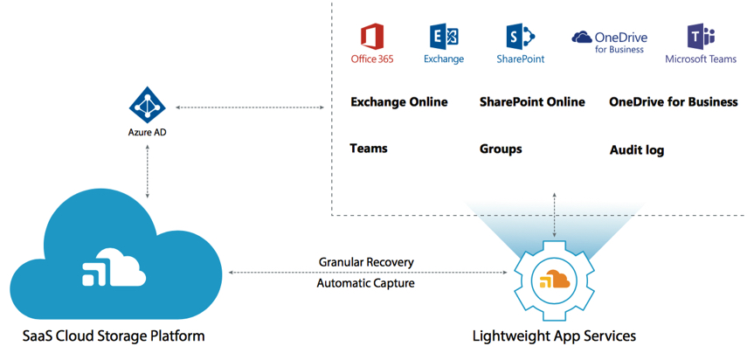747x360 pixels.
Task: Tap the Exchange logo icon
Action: click(x=444, y=37)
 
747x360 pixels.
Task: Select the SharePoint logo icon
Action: click(x=520, y=37)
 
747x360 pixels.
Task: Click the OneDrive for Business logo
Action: click(x=609, y=41)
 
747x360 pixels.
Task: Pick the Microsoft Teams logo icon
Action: click(x=702, y=37)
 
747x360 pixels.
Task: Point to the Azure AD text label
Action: click(x=147, y=135)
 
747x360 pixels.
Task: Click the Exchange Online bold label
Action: click(x=398, y=102)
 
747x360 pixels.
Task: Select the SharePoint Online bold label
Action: click(x=532, y=102)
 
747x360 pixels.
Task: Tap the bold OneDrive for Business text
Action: click(x=673, y=102)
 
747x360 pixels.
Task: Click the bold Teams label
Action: click(x=369, y=149)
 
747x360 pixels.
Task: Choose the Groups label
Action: click(x=501, y=149)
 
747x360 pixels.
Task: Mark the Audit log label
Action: click(x=637, y=150)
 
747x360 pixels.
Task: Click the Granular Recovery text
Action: click(x=366, y=262)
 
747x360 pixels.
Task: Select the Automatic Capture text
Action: click(x=366, y=282)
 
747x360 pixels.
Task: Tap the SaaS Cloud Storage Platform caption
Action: click(x=114, y=336)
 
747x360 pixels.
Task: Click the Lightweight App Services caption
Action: click(x=554, y=336)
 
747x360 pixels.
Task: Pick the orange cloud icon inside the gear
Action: click(x=554, y=280)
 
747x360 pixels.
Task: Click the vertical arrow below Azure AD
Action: click(x=147, y=175)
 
